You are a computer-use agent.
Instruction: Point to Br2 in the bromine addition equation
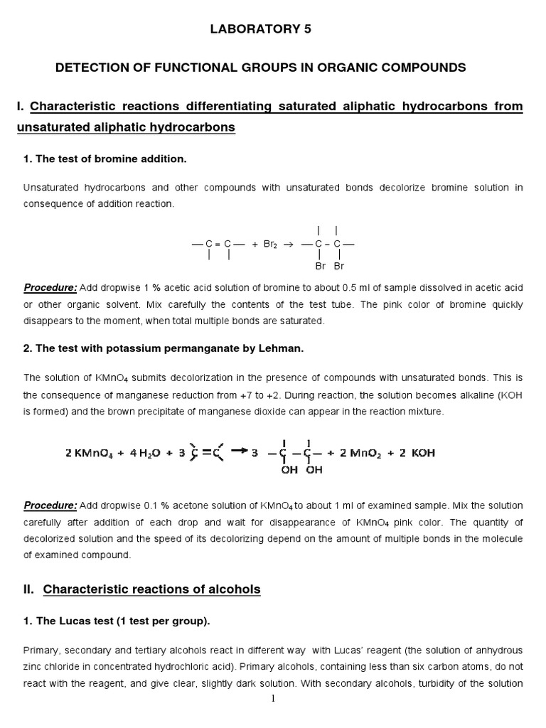click(x=271, y=244)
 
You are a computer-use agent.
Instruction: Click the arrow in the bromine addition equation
click(x=289, y=244)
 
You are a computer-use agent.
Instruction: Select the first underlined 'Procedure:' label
click(x=50, y=288)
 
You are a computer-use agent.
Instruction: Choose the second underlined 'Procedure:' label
click(x=50, y=505)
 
